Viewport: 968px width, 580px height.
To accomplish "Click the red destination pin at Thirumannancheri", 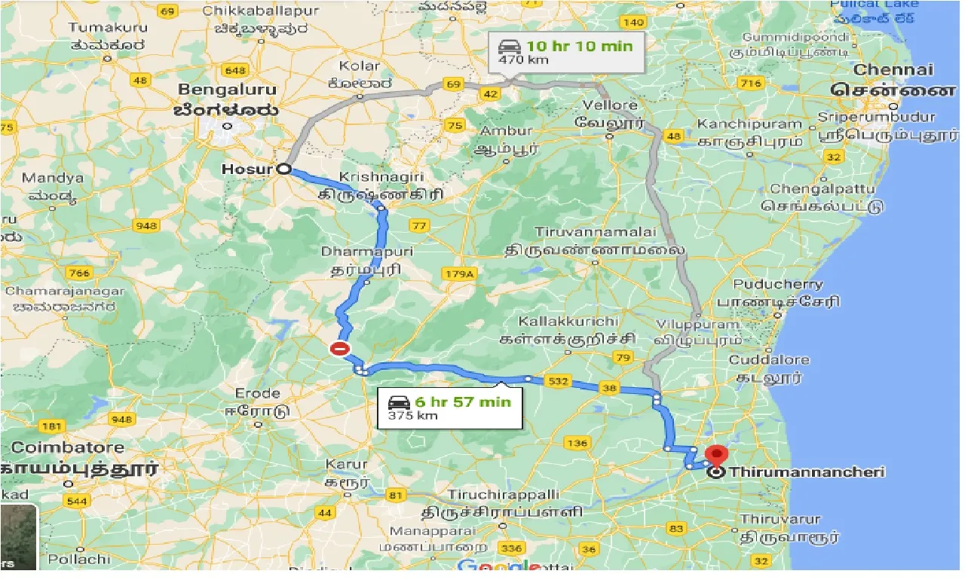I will pos(715,455).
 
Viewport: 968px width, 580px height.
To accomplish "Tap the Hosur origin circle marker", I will pos(284,169).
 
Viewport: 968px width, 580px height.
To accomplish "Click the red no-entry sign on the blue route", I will pos(341,348).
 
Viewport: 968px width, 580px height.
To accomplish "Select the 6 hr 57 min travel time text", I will pos(462,401).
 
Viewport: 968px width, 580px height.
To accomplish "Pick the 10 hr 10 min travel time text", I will pos(584,46).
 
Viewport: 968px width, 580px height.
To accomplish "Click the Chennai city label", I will pos(893,70).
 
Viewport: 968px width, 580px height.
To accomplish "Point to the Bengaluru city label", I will pos(227,90).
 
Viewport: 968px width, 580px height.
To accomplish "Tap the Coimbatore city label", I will pos(67,447).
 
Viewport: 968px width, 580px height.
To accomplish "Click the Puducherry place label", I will pos(780,285).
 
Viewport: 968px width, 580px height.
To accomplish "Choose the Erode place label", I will pos(257,393).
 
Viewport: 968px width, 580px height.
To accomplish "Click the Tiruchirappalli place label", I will pos(504,494).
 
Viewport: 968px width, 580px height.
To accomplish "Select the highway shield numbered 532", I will pos(558,382).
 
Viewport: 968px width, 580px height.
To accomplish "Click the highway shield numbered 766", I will pos(79,272).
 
